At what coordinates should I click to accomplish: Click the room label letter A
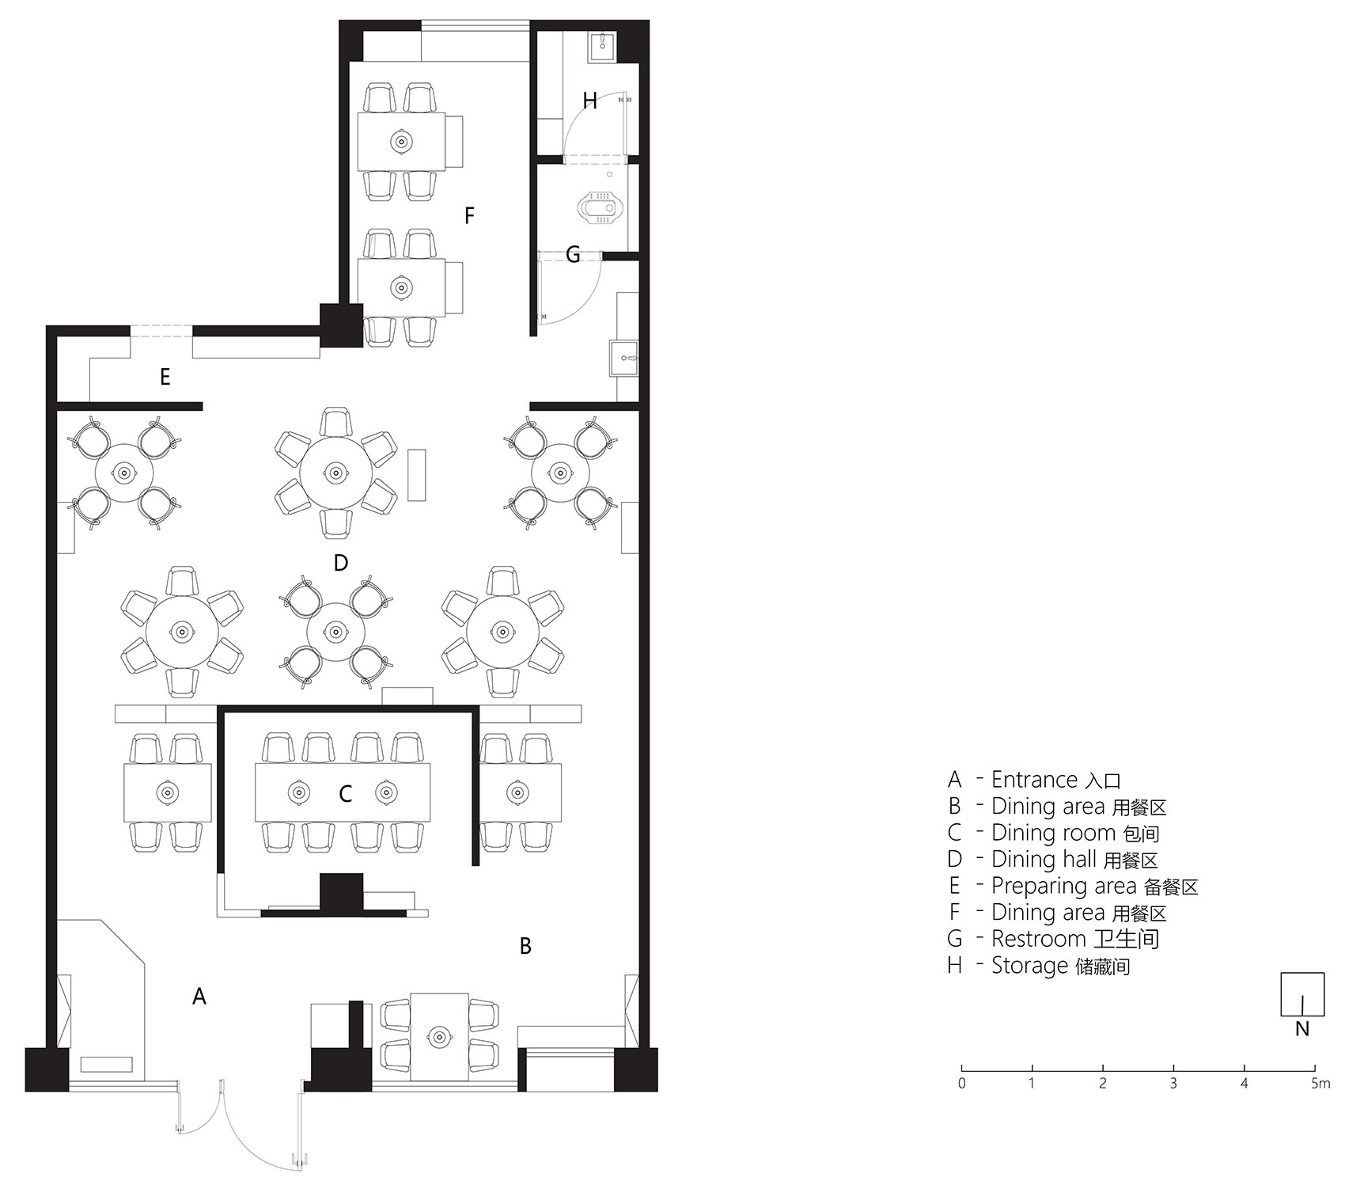199,996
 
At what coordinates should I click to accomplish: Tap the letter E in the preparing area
165,377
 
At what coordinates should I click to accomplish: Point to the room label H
589,101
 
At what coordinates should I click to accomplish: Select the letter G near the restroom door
573,255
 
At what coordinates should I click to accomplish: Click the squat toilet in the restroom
597,208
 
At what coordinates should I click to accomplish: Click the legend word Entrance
1034,780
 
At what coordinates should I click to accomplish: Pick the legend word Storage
1030,966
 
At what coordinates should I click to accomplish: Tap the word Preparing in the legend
1036,887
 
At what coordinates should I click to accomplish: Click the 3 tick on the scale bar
1173,1068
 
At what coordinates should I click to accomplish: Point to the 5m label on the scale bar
1320,1084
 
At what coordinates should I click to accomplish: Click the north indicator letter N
1302,1030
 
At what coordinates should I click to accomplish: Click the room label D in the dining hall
341,563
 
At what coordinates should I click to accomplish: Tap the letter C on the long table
345,794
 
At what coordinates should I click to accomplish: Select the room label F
469,215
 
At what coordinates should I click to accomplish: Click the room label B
525,946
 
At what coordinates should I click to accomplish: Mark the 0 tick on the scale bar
961,1068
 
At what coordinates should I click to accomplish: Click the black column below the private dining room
341,893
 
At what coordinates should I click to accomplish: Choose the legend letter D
955,860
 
